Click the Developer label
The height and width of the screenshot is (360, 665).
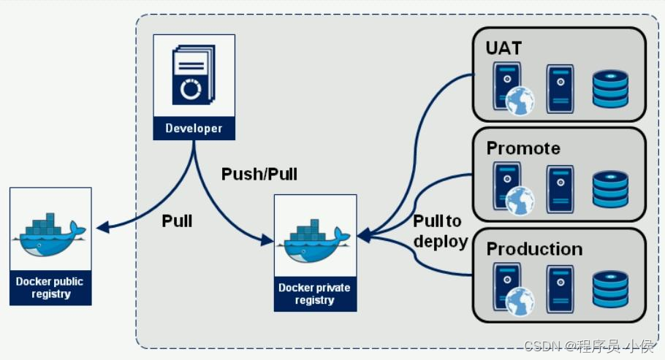(194, 129)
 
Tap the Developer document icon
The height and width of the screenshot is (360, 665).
(194, 75)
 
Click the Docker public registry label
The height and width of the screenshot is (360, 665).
(50, 288)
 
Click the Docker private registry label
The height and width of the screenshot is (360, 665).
(315, 294)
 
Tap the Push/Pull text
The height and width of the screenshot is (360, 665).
(259, 175)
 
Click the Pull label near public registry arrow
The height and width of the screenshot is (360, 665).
(177, 221)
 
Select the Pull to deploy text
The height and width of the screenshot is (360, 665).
(440, 231)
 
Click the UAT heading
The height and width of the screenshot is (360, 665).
(504, 48)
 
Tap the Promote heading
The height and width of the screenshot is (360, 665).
(523, 148)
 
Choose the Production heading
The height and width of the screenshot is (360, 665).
(534, 249)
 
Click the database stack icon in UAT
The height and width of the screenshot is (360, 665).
(610, 89)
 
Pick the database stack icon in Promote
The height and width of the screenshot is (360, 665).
(610, 189)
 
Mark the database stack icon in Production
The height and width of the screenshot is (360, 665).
(610, 290)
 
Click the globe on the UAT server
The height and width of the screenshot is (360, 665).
(520, 101)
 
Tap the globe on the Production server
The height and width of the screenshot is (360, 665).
(520, 302)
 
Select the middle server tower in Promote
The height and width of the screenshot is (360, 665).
(560, 189)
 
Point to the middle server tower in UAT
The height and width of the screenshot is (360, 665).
(560, 88)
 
